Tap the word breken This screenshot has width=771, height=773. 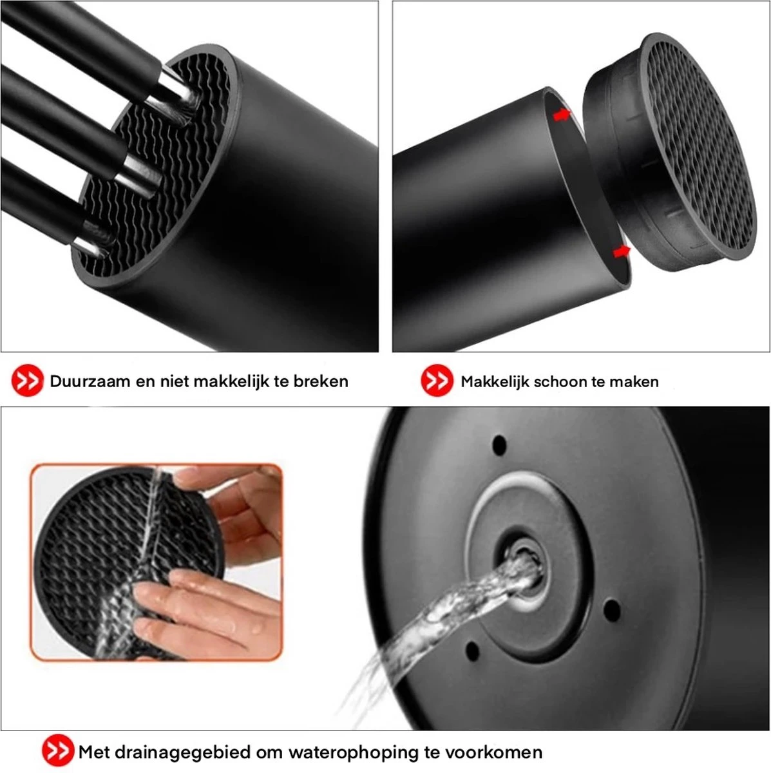tap(321, 381)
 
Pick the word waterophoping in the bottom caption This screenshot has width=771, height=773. tap(346, 752)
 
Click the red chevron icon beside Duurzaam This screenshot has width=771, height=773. tap(28, 381)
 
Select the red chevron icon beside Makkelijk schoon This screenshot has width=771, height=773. tap(437, 381)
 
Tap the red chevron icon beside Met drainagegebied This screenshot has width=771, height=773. tap(58, 751)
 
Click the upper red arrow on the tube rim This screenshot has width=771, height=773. tap(562, 115)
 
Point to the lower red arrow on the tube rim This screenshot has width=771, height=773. tap(621, 251)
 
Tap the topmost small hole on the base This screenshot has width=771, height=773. tap(499, 444)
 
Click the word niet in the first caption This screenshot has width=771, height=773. tap(177, 381)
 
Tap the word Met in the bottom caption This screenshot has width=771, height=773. tap(95, 752)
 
